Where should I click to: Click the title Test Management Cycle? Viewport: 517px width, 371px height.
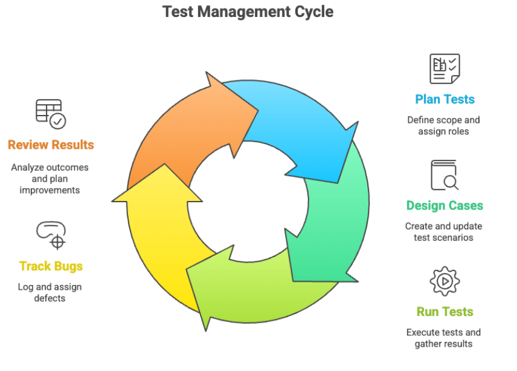pos(248,11)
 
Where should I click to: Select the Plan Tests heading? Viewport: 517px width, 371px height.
pos(445,99)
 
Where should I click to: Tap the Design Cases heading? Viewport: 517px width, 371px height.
pos(445,206)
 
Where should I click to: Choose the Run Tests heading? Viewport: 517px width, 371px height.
pos(445,312)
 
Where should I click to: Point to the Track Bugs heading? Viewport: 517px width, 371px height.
pos(51,266)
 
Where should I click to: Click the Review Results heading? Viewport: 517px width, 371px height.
pos(51,145)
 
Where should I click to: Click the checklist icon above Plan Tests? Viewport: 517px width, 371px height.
pos(445,68)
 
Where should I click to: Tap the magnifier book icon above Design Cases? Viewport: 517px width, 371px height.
pos(445,176)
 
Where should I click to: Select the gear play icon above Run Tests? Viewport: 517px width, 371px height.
pos(445,281)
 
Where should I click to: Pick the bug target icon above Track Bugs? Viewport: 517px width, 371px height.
pos(51,235)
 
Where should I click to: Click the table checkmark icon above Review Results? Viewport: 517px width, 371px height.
pos(51,114)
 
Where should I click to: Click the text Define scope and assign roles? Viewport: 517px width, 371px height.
pos(443,126)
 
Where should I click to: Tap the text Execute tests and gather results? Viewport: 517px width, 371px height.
pos(443,338)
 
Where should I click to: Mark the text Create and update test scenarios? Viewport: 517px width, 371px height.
pos(443,232)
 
